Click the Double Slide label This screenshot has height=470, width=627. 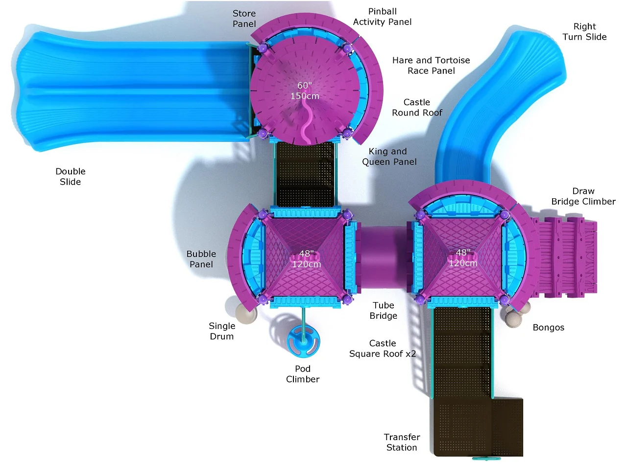[70, 176]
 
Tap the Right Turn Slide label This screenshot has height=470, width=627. [584, 31]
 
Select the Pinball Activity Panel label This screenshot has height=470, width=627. [382, 17]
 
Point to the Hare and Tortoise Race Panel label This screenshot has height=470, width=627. [431, 65]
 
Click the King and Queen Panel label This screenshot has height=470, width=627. [389, 156]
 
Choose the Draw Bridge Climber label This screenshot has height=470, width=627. [583, 196]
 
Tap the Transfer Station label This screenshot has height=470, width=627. [402, 442]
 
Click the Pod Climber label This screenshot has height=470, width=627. [303, 374]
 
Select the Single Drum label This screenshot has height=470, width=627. [222, 331]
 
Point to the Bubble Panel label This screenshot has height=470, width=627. [201, 259]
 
